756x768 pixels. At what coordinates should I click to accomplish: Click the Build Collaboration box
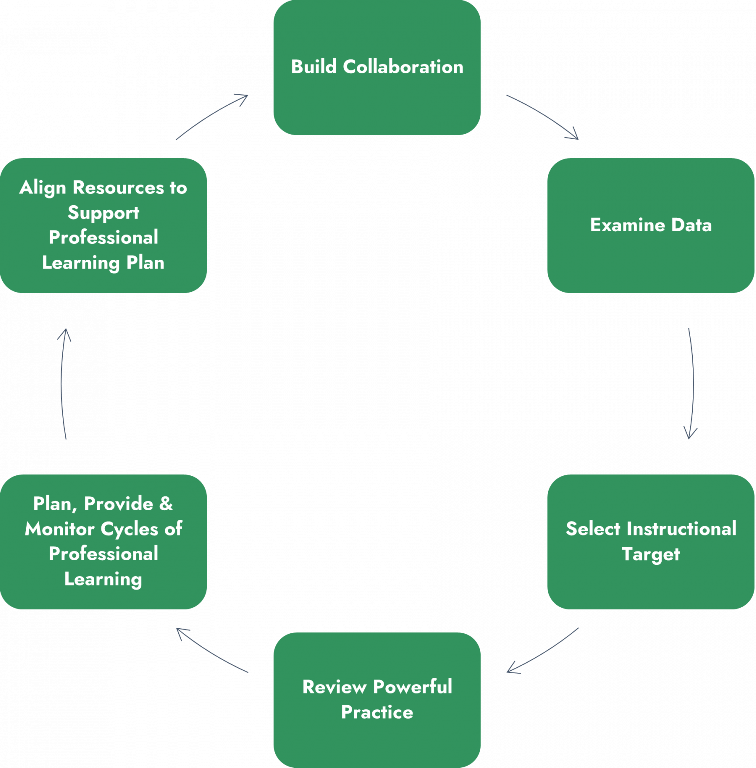click(x=377, y=67)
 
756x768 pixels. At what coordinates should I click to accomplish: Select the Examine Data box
click(x=651, y=225)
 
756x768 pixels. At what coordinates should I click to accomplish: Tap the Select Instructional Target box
click(x=651, y=542)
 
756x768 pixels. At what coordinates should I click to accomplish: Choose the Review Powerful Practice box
click(x=377, y=700)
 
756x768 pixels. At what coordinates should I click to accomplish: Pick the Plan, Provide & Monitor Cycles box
click(x=103, y=542)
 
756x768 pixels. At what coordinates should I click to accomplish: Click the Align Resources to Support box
click(x=103, y=225)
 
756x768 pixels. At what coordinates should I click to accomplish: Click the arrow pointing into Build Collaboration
click(x=212, y=116)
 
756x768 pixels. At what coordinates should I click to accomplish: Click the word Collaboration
click(x=403, y=67)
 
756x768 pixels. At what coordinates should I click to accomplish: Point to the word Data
click(x=691, y=225)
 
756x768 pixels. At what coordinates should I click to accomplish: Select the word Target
click(x=651, y=555)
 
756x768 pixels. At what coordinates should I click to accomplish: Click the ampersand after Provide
click(x=166, y=504)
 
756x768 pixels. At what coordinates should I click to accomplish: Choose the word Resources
click(x=118, y=187)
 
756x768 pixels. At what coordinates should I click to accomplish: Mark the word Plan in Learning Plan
click(x=145, y=263)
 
